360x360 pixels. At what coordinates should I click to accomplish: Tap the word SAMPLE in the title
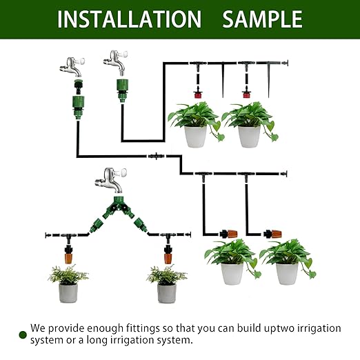pos(262,19)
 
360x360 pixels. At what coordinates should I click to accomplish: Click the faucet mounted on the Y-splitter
pos(110,181)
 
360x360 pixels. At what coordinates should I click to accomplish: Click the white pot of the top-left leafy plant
pos(196,136)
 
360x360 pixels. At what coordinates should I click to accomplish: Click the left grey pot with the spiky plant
pos(68,293)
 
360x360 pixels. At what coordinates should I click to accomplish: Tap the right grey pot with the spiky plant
pos(166,293)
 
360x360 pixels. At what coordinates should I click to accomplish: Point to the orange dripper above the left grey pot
pos(68,257)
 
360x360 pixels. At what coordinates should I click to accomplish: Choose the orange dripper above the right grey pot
pos(166,257)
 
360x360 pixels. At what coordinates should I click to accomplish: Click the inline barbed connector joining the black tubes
pos(157,157)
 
